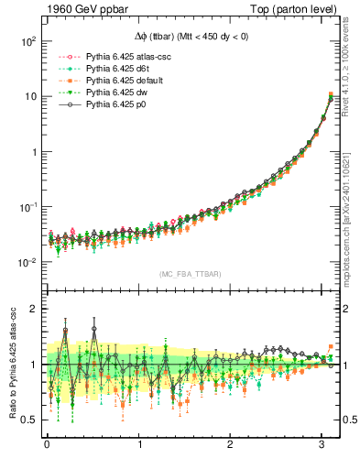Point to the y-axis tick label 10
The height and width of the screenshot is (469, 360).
[28, 97]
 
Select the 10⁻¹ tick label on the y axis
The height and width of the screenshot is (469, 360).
[26, 207]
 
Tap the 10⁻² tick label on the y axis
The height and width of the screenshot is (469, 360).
[26, 263]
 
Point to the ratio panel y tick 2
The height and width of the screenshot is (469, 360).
[32, 309]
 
